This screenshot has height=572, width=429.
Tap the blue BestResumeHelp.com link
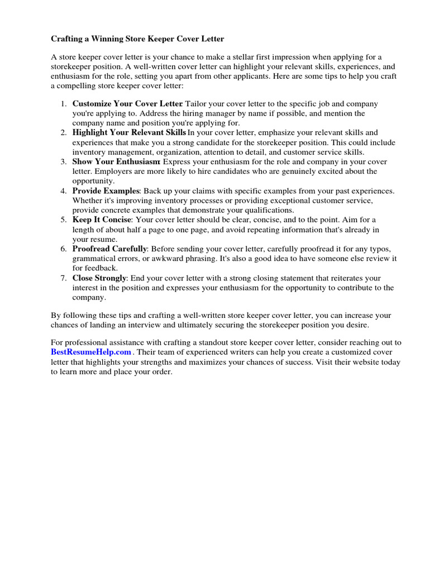91,352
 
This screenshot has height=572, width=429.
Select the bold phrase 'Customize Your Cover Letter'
127,104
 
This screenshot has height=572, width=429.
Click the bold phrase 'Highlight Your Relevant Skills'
129,133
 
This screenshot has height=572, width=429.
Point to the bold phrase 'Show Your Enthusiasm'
116,162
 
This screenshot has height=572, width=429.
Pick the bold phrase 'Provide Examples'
105,191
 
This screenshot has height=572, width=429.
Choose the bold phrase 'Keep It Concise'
102,220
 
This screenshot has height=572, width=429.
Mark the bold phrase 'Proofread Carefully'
109,249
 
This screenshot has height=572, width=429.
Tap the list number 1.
64,104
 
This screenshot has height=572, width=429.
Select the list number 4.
64,191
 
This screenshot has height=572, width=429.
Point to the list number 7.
64,278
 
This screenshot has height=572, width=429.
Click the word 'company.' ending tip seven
89,297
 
